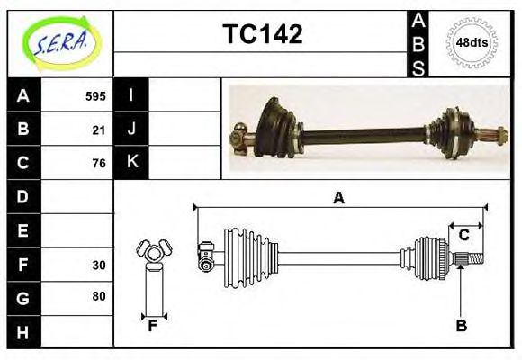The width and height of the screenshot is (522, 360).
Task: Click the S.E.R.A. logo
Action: (59, 41)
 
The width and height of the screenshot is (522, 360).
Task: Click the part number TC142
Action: (262, 34)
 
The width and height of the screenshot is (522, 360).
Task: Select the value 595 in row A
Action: (95, 96)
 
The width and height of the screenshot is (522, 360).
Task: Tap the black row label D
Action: (22, 196)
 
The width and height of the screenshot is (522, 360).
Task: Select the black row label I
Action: (131, 95)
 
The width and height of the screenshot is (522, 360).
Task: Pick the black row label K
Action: (131, 162)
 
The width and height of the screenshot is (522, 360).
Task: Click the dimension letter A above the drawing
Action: (338, 198)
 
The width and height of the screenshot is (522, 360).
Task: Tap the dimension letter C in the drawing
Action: (464, 236)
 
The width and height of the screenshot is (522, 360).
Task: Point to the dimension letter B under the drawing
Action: (462, 326)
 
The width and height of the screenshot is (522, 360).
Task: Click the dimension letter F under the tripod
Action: (153, 325)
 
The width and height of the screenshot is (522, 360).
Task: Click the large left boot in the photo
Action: (274, 127)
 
